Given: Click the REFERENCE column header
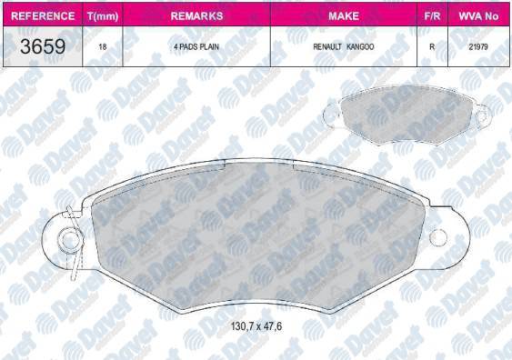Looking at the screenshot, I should (43, 16).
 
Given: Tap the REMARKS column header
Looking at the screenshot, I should (196, 16).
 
